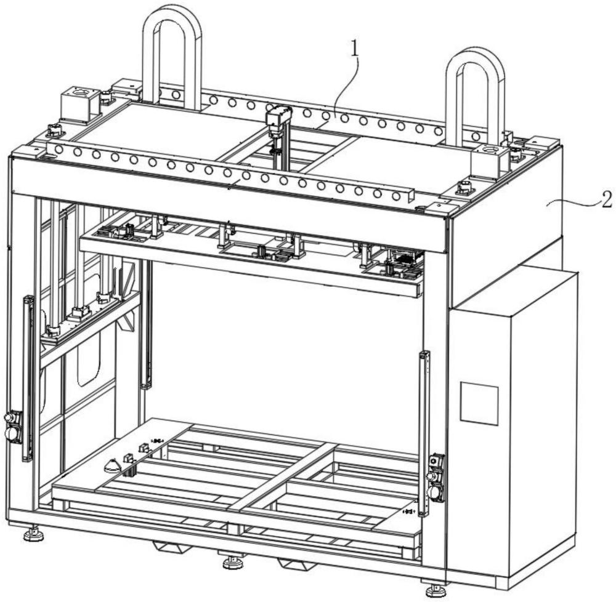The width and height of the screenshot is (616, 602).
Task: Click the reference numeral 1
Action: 355,49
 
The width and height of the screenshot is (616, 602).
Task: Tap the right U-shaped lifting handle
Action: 476,97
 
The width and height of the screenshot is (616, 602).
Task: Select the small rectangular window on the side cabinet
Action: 479,403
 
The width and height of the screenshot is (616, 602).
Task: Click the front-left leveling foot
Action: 33,534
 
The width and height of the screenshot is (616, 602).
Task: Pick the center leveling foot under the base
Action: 233,562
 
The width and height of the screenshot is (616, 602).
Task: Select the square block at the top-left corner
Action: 79,105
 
